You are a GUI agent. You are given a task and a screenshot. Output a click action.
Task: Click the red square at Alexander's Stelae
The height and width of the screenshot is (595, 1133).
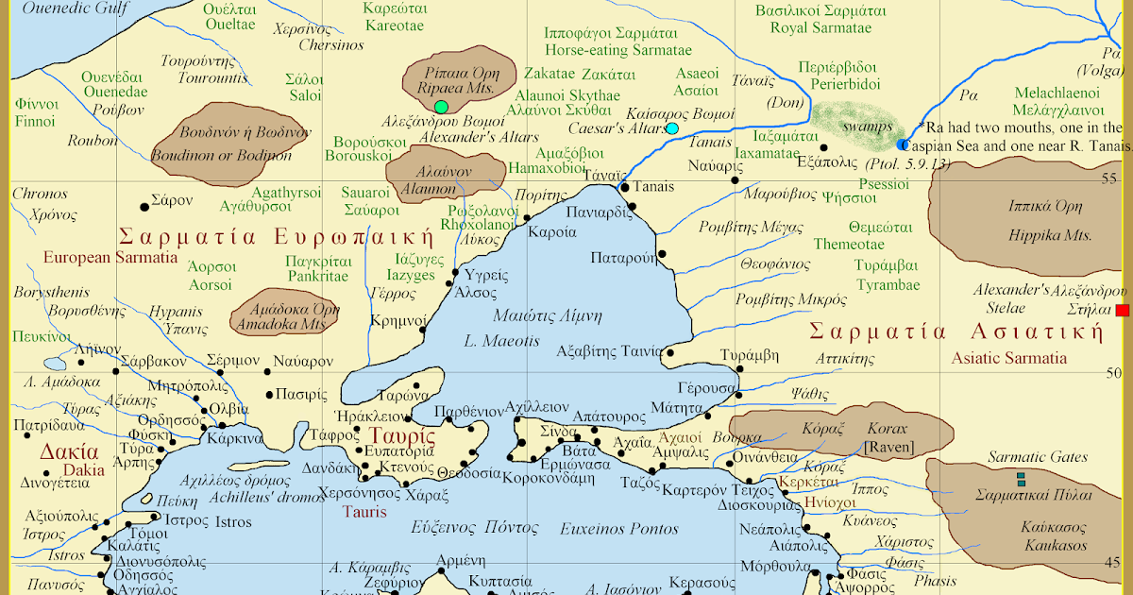tap(1122, 311)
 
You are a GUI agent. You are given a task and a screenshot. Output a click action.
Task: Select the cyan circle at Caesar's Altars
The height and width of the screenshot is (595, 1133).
tap(672, 128)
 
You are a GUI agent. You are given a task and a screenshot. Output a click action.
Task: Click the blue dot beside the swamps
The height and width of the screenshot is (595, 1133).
tap(903, 145)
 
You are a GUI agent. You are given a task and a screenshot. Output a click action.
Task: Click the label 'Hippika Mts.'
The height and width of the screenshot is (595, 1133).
tap(1036, 235)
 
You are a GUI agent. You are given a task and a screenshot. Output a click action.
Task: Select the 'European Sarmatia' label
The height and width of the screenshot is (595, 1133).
tap(110, 257)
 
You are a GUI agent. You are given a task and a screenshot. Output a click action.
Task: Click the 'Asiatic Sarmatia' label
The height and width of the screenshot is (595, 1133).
tap(1008, 358)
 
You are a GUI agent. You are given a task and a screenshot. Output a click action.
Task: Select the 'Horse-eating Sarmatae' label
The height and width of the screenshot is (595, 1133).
tap(618, 50)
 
